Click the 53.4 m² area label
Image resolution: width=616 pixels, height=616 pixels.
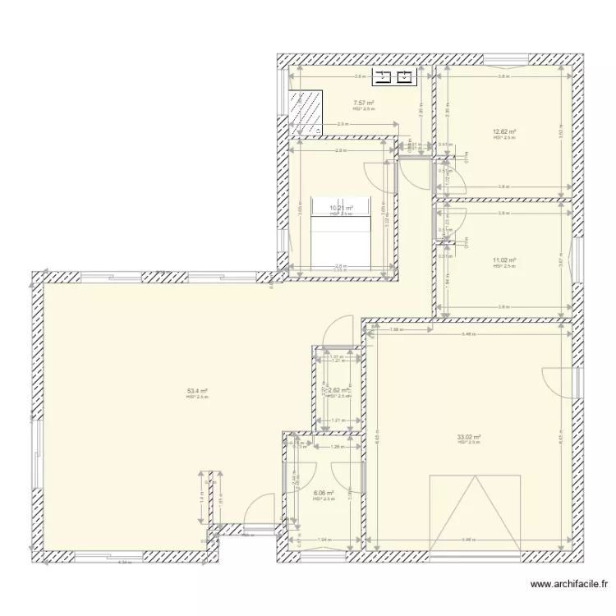(197, 392)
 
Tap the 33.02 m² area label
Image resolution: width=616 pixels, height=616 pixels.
(469, 438)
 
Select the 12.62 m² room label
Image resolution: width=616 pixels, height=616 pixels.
(503, 132)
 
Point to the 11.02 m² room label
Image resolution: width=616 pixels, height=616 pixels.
(503, 260)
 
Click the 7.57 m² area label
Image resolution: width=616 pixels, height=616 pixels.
(364, 103)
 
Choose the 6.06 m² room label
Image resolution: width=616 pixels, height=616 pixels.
(324, 494)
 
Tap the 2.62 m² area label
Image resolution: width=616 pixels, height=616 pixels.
(338, 391)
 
